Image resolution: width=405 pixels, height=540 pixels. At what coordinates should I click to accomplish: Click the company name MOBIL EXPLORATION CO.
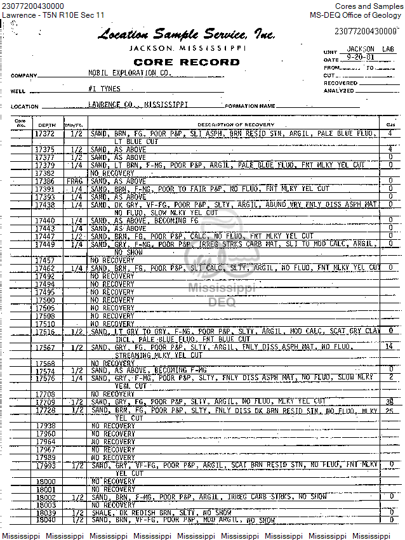(x=129, y=74)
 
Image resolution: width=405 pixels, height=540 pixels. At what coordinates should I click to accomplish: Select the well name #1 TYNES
(x=105, y=89)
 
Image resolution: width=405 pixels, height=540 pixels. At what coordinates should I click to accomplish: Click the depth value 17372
(x=44, y=134)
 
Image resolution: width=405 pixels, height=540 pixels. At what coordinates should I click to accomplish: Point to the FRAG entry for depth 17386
(x=75, y=181)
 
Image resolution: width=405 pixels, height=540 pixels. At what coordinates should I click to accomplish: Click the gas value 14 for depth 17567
(x=389, y=346)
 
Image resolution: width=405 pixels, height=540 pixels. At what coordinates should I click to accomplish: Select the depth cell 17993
(x=46, y=466)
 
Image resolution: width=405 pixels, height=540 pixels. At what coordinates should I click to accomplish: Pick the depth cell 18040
(x=46, y=520)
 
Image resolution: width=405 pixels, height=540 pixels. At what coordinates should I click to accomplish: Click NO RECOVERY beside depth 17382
(x=112, y=173)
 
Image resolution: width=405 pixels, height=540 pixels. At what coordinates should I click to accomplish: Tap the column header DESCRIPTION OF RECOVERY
(x=236, y=124)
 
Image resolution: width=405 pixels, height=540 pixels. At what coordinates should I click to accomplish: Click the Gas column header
(x=389, y=124)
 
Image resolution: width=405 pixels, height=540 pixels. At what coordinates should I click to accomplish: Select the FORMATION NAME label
(x=250, y=106)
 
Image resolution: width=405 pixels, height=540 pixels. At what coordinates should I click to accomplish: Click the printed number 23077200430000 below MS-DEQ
(x=365, y=31)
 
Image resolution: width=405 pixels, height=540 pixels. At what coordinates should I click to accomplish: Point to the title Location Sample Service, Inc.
(x=186, y=35)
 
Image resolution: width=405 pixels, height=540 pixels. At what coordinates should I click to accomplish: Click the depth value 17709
(x=45, y=402)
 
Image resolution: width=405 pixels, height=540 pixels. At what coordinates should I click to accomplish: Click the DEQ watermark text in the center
(x=222, y=303)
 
